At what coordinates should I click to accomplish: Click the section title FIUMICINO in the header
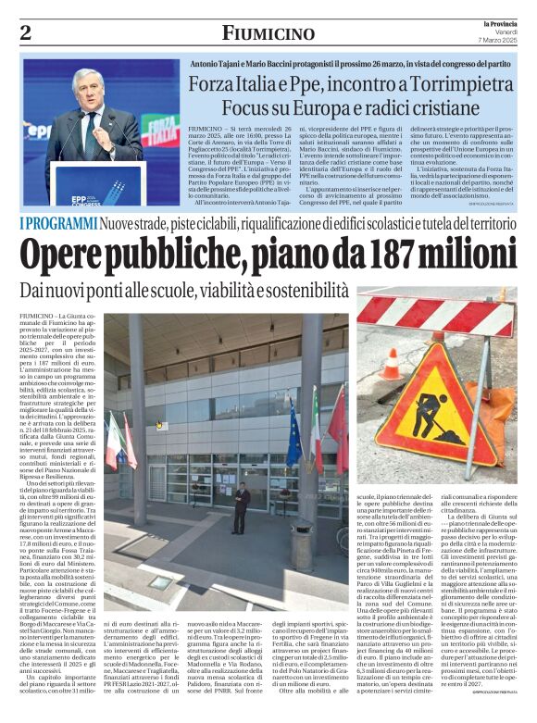(268, 33)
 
